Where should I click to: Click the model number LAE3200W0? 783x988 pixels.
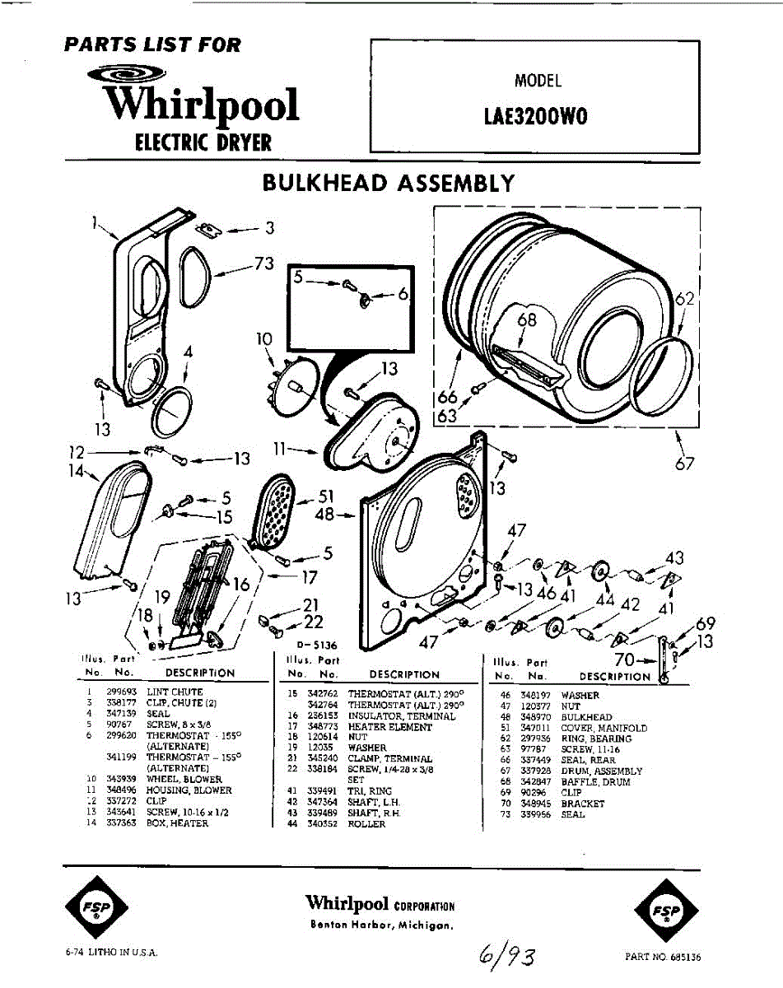(535, 116)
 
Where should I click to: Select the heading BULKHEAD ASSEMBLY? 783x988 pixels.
(389, 184)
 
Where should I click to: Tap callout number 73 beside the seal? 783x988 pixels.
(263, 263)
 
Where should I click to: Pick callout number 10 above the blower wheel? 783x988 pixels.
(264, 338)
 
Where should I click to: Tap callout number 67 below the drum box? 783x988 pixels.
(685, 464)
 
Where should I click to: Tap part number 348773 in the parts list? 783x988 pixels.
(324, 727)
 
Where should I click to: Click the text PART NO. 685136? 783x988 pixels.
(663, 958)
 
